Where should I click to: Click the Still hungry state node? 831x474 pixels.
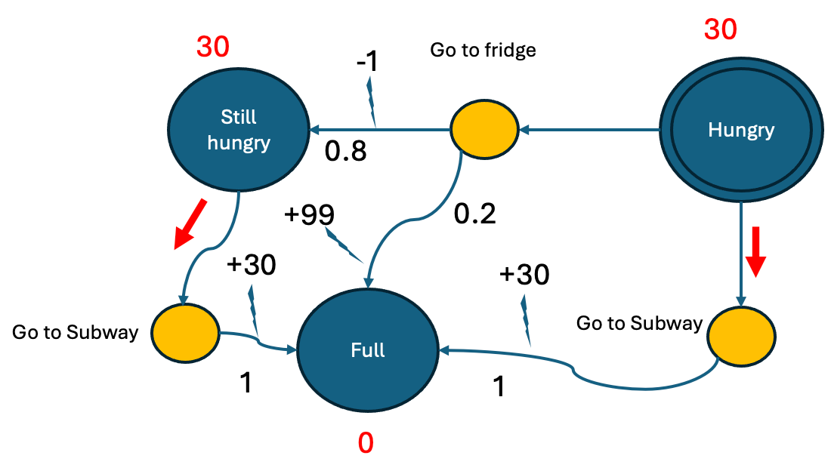click(239, 130)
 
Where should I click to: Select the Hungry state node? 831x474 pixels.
click(741, 130)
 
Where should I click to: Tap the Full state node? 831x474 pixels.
click(368, 350)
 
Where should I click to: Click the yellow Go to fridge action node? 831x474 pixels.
click(483, 129)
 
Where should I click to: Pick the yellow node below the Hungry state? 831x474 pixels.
click(741, 337)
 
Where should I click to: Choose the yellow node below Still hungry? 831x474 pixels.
click(185, 333)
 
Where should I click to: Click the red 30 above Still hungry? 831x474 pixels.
click(212, 47)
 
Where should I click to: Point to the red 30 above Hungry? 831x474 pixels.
click(720, 29)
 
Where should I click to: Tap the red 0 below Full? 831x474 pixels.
click(366, 443)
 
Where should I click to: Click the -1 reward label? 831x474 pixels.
click(367, 61)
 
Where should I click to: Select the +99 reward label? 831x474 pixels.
click(309, 214)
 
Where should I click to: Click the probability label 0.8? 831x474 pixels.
click(345, 151)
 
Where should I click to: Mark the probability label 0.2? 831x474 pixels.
click(475, 214)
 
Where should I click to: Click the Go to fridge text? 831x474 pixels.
click(483, 50)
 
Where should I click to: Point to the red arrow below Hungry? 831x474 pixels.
click(755, 252)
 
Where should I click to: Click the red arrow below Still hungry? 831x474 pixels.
click(190, 223)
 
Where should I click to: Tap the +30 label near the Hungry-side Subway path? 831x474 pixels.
click(524, 274)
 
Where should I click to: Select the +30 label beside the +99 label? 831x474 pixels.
click(251, 264)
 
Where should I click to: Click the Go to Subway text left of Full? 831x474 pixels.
click(75, 333)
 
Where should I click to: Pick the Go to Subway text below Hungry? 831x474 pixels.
click(639, 324)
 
